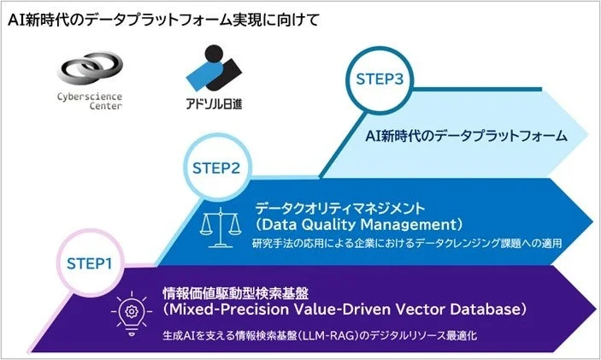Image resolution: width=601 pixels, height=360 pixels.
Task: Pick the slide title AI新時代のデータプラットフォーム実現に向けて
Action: [163, 19]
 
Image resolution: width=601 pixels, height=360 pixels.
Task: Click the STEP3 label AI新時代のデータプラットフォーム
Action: [465, 136]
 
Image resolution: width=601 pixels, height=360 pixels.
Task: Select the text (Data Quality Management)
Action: [359, 224]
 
